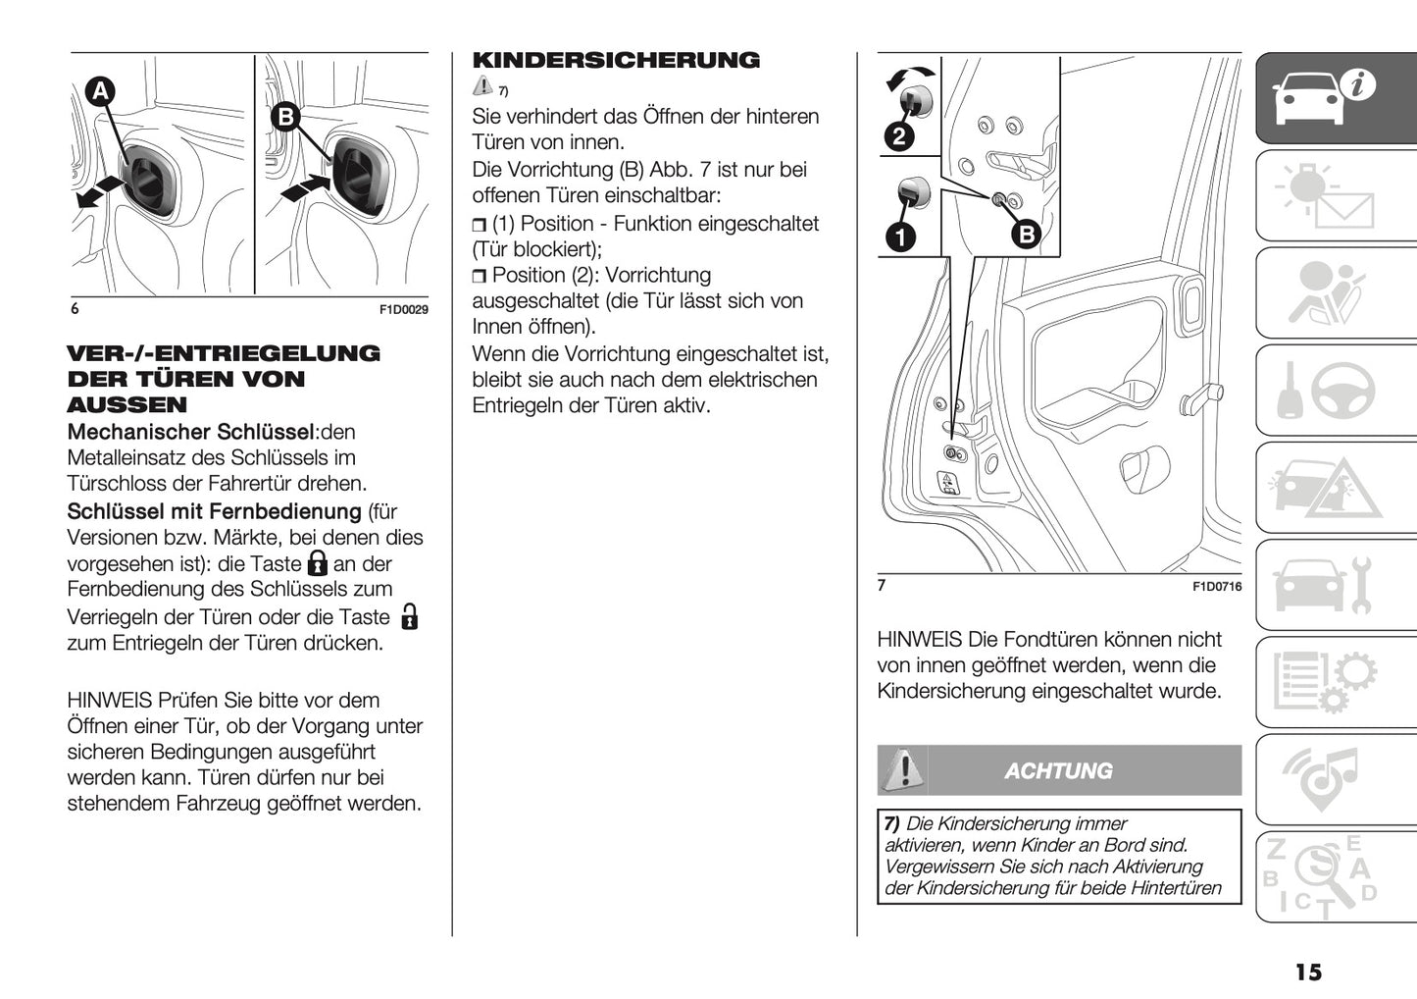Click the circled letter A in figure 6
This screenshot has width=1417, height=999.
99,91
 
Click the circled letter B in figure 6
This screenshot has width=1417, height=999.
285,118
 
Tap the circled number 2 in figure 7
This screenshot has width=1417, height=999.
899,135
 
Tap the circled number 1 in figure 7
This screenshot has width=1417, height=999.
899,236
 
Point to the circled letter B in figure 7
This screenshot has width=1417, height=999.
1026,234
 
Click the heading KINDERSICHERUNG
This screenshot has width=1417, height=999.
616,61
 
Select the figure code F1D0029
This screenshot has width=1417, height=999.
404,310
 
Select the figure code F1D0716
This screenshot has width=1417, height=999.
1217,587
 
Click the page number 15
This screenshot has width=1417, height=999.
1307,972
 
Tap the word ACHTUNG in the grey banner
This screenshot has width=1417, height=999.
1058,771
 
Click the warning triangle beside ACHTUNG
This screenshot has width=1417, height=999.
902,769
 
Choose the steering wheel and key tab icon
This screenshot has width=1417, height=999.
1324,391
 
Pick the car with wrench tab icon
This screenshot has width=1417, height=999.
1324,586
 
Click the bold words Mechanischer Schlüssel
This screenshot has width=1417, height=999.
190,432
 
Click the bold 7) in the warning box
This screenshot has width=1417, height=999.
892,824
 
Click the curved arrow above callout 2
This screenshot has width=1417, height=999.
910,78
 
